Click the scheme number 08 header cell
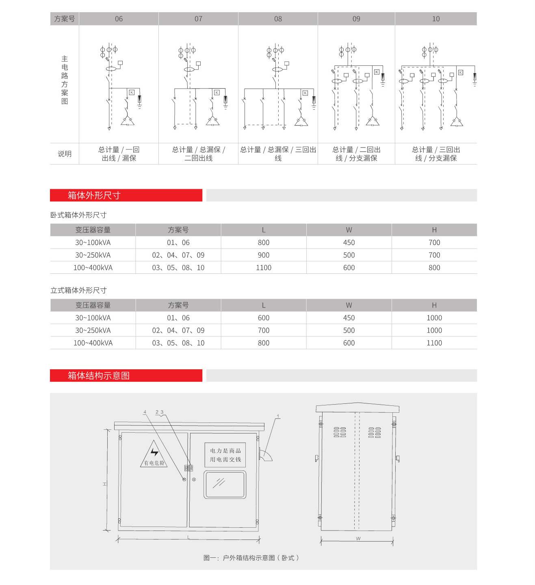coord(278,19)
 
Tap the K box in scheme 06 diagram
coord(132,93)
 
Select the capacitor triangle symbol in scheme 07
coord(212,120)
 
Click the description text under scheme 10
coord(436,154)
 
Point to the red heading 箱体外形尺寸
coord(94,195)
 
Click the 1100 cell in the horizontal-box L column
coord(264,268)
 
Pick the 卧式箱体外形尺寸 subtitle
coord(78,215)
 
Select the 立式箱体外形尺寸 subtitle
coord(78,290)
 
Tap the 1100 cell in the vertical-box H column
coord(434,343)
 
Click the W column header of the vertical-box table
coord(349,305)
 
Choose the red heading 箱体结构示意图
coord(99,376)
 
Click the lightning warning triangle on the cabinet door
coord(154,454)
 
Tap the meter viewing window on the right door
coord(225,484)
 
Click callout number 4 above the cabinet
coord(145,412)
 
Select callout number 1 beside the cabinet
coord(278,416)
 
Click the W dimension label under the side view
coord(358,539)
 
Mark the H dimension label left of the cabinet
coord(104,484)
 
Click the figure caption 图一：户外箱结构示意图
coord(251,558)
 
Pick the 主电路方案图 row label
coord(65,80)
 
